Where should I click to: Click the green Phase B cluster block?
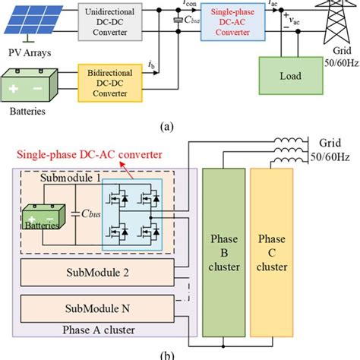222,251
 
